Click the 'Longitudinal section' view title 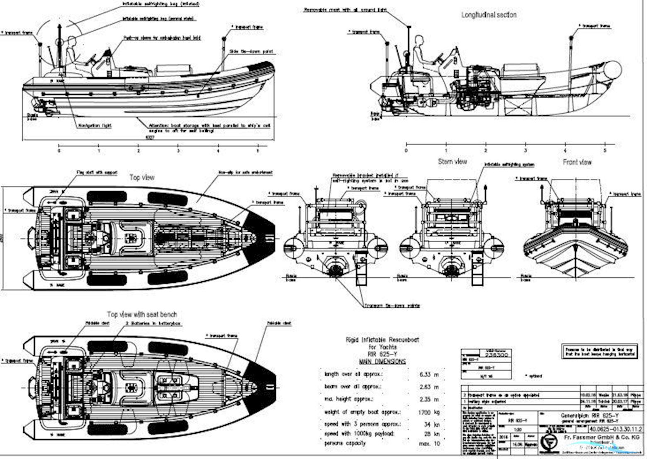coord(489,15)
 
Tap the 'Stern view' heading coord(452,162)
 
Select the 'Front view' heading coord(577,162)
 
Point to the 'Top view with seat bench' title coord(142,314)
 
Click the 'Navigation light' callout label coord(95,125)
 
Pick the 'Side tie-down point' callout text coord(251,52)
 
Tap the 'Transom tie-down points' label coord(392,306)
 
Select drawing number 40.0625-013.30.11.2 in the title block coord(615,429)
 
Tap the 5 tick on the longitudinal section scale coord(604,150)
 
